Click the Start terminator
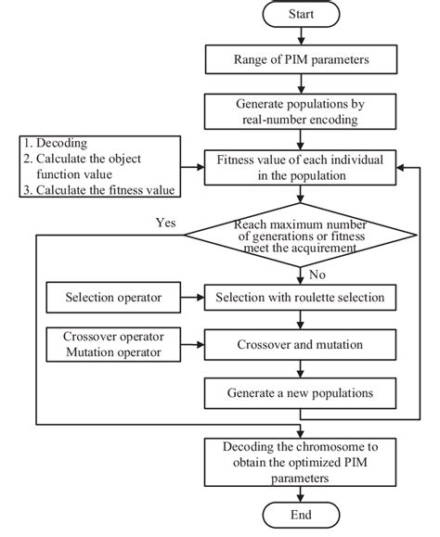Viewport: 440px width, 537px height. [299, 16]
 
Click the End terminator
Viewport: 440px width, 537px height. [299, 516]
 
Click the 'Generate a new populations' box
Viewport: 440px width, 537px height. [299, 392]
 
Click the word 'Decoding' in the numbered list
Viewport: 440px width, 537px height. [59, 144]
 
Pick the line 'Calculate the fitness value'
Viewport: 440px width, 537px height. [102, 191]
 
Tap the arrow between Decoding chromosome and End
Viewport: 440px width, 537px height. [299, 492]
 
